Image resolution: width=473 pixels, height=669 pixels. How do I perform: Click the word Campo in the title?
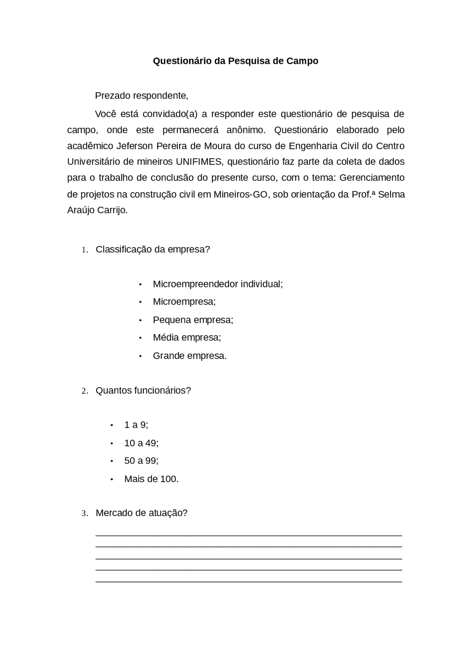[302, 61]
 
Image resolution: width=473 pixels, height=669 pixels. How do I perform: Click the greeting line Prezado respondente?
[142, 96]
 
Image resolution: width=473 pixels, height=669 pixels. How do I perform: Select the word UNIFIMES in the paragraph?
[199, 162]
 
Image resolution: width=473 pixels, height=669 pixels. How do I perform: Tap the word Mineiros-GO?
[240, 194]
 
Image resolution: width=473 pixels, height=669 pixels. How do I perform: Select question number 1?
[85, 250]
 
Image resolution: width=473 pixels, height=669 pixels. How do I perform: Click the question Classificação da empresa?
[153, 249]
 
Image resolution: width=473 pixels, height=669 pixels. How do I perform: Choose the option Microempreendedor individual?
[218, 284]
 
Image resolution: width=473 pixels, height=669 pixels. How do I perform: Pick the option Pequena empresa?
[193, 320]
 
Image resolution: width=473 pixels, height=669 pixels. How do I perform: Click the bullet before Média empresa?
[140, 338]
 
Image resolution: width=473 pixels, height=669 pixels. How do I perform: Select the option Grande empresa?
[190, 356]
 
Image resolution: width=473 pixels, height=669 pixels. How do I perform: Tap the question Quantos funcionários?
[143, 390]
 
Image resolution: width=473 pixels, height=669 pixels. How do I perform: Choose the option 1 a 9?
[136, 425]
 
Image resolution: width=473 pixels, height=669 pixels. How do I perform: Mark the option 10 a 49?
[141, 443]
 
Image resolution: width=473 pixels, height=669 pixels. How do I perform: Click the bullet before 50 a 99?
[112, 461]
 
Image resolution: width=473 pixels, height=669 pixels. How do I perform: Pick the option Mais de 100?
[151, 479]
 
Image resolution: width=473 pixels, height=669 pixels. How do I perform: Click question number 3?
[85, 513]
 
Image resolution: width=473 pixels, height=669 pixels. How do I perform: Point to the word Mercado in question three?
[111, 513]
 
